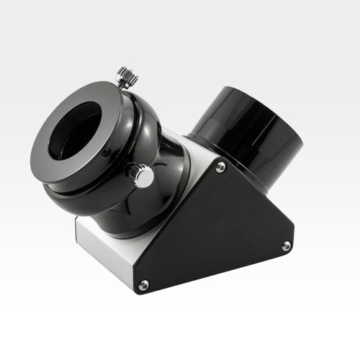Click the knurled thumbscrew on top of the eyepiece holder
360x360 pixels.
(127, 76)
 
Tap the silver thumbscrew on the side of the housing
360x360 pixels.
(142, 175)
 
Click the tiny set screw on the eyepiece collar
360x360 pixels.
(107, 150)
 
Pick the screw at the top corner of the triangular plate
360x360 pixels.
(220, 167)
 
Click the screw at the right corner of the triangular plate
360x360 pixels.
(286, 246)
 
